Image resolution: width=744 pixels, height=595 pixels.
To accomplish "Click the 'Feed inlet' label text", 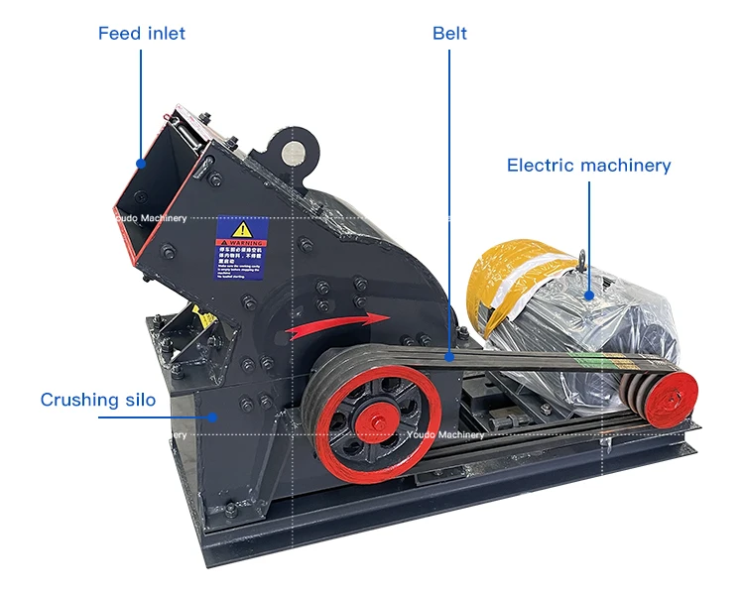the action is (x=141, y=34).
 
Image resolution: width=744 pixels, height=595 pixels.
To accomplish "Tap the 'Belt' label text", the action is (x=449, y=34).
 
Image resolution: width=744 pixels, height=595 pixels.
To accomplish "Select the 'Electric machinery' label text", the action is (x=588, y=166).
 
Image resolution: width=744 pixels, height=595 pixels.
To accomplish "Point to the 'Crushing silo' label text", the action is (x=98, y=401).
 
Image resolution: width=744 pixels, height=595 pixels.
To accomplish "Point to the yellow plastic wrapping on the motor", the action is (x=511, y=273).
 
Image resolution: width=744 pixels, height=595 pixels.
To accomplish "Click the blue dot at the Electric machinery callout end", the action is (x=589, y=293).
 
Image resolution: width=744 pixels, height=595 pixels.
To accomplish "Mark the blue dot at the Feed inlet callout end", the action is (x=141, y=164).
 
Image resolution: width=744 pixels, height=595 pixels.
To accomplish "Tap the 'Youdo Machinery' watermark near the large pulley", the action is (x=445, y=434).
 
